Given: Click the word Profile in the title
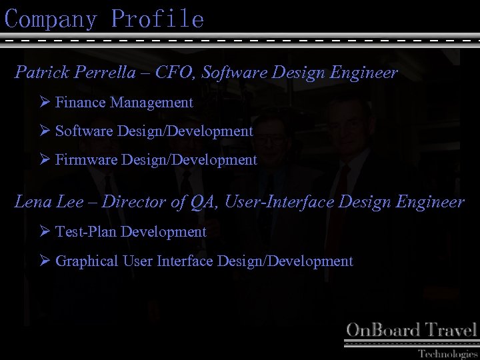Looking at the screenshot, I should point(157,19).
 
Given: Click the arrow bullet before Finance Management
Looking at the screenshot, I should point(45,103).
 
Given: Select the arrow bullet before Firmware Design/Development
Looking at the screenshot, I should point(45,160).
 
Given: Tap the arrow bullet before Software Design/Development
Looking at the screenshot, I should point(45,131).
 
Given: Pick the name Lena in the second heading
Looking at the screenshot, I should point(31,202).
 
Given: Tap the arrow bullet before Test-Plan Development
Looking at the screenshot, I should point(45,232).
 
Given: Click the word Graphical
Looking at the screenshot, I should point(87,261).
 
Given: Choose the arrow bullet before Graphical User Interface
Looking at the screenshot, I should point(45,261).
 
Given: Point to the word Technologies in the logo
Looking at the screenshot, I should point(447,353).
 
